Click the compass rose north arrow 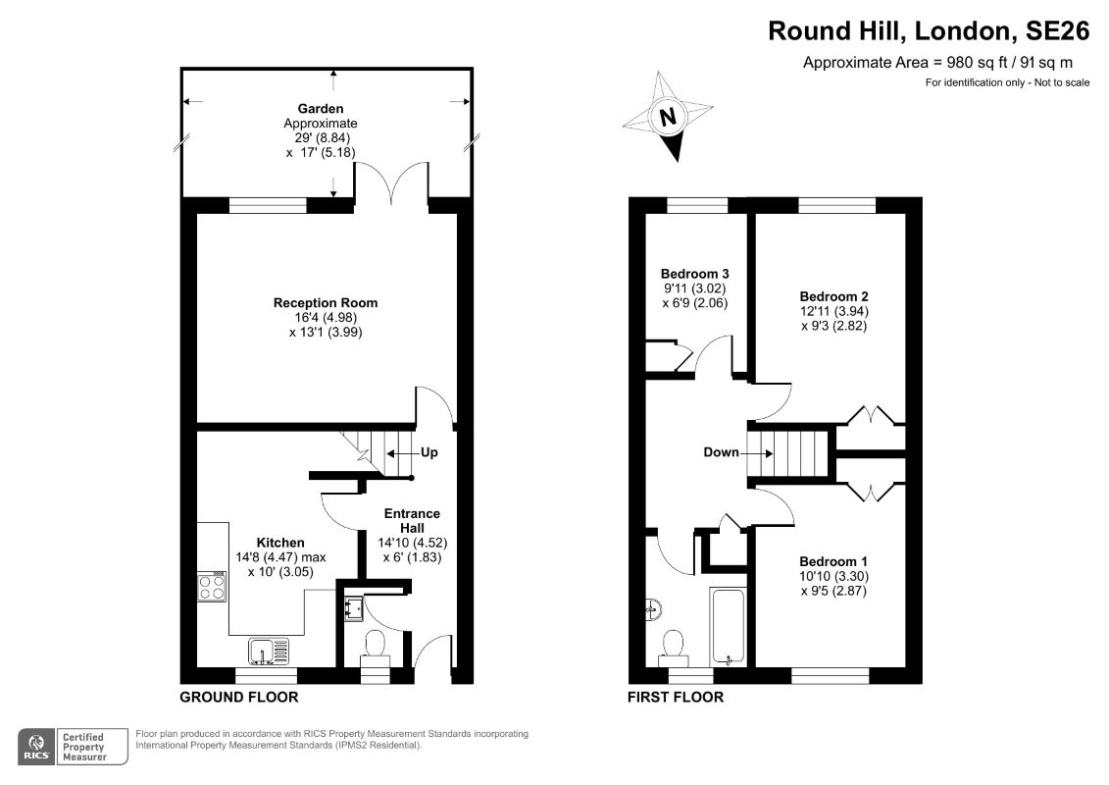[x=669, y=116]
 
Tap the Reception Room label [x=325, y=302]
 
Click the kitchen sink [x=269, y=650]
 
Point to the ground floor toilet [x=375, y=646]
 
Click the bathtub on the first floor [x=729, y=627]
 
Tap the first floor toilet [x=674, y=644]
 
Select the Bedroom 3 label [x=694, y=274]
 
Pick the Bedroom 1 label [x=833, y=561]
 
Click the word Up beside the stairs [x=428, y=453]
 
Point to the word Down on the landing [x=721, y=452]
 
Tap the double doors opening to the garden [x=392, y=186]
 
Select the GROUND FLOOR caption [x=238, y=698]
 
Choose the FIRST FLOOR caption [x=676, y=698]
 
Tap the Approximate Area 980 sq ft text [x=946, y=64]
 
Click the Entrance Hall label [x=412, y=521]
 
